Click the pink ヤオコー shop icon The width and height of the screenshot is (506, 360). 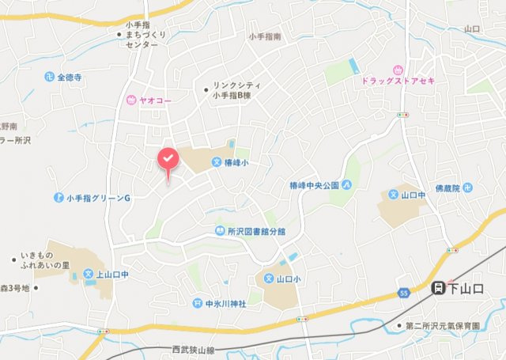[130, 100]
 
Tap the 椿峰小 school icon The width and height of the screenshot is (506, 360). [216, 162]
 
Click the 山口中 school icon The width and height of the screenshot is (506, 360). [393, 194]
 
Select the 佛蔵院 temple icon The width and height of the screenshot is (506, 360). [467, 188]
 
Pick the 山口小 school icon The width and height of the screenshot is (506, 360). [268, 279]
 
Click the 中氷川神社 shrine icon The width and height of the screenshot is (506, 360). [197, 303]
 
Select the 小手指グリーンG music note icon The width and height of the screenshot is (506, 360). [59, 196]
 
